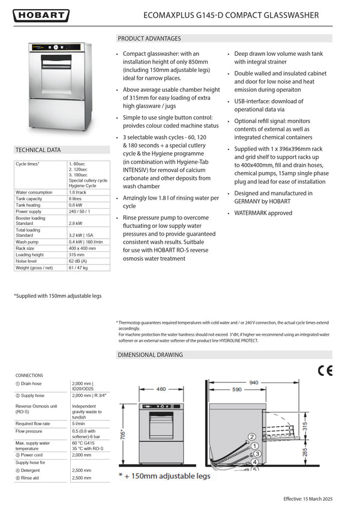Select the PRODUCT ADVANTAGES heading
(149, 38)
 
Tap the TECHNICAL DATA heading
(38, 150)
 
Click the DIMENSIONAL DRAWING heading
(151, 355)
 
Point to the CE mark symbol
(325, 371)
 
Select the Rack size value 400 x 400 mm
(82, 248)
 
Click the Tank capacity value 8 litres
(75, 198)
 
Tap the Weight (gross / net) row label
(37, 268)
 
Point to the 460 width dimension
(161, 390)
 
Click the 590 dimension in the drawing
(237, 390)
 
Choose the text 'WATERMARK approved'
(263, 213)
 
